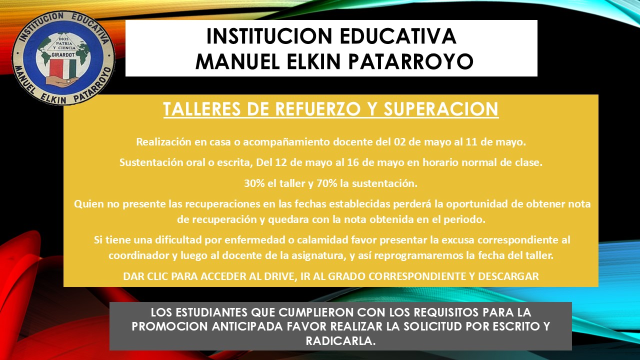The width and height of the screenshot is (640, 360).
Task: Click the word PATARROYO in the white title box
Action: [418, 61]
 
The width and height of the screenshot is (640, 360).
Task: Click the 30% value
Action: [254, 183]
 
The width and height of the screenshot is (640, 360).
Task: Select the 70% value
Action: [325, 183]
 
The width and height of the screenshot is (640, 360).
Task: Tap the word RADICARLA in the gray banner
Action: [340, 340]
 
